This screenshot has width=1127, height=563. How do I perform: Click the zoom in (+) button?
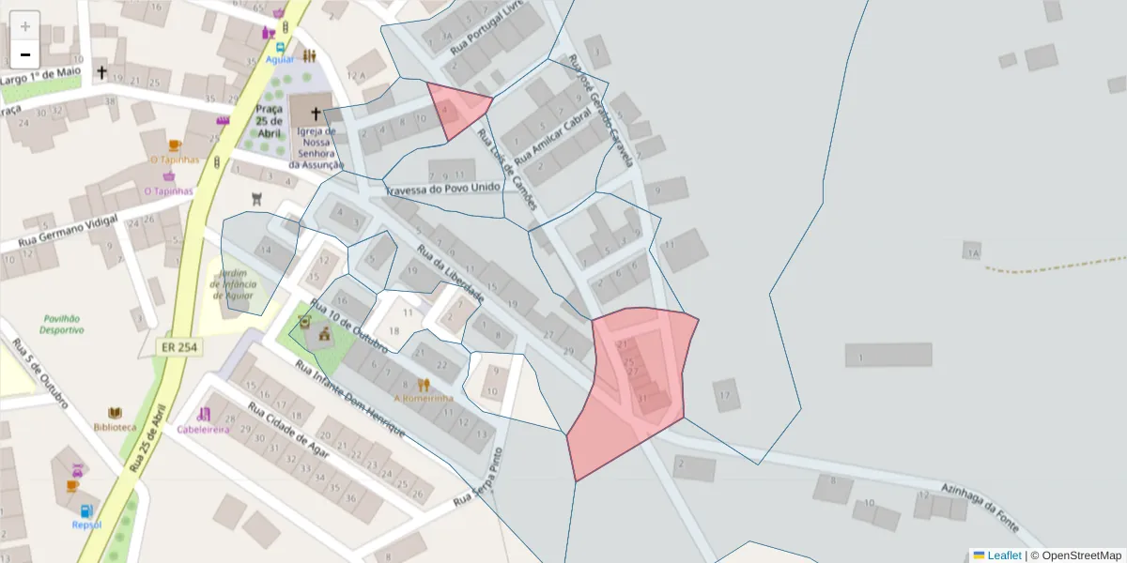click(25, 25)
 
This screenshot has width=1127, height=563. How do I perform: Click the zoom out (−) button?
click(25, 54)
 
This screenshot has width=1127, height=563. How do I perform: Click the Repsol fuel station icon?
click(87, 511)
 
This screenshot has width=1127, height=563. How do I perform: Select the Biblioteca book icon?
click(115, 413)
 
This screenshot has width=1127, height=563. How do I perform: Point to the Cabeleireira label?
click(203, 429)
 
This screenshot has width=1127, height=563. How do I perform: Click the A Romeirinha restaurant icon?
click(424, 384)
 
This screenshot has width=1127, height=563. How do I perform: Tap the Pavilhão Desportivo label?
click(62, 324)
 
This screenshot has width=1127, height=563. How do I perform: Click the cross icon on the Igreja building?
click(315, 112)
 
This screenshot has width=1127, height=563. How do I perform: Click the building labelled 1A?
click(971, 251)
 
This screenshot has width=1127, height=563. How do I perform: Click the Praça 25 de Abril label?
click(269, 119)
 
